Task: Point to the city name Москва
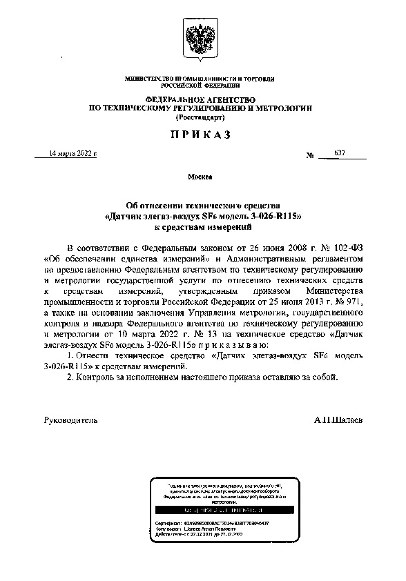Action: [200, 177]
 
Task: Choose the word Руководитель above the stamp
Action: [70, 420]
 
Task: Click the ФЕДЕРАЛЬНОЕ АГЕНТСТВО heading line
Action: [200, 101]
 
